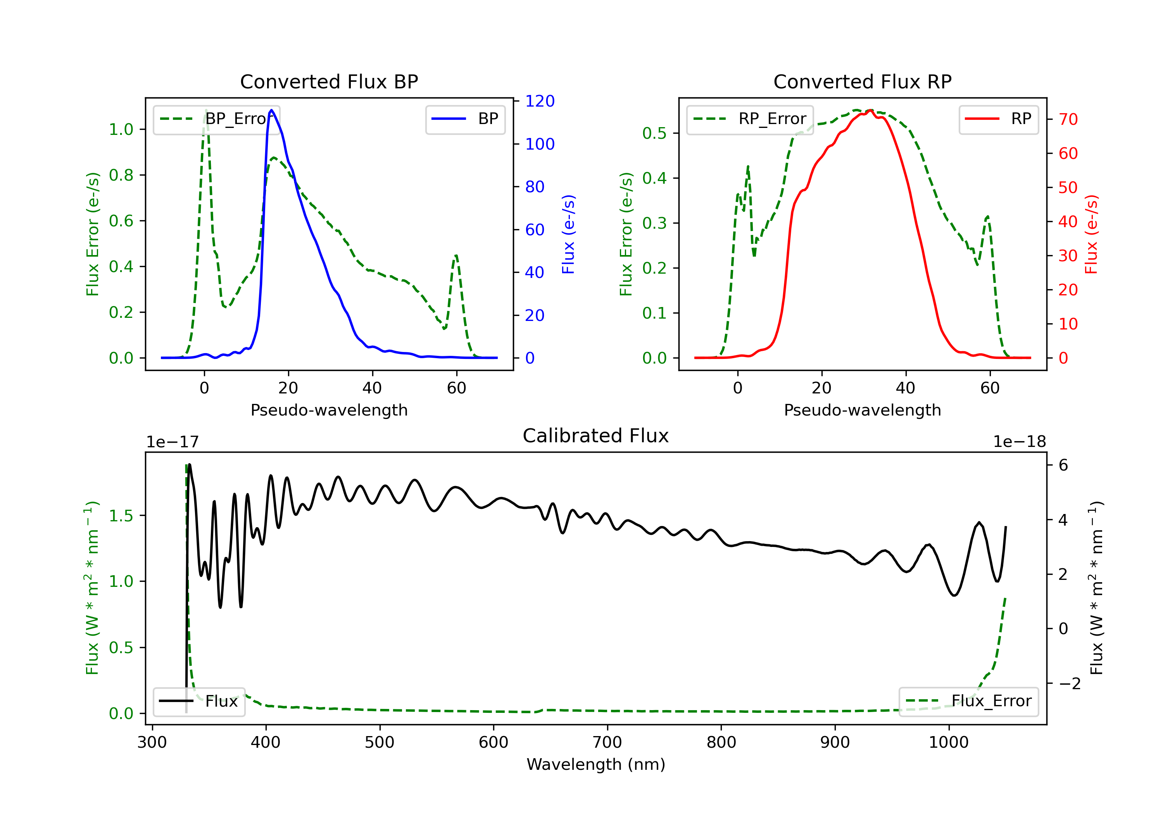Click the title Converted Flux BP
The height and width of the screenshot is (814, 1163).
click(x=329, y=81)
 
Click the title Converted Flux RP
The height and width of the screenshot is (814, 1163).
click(x=862, y=81)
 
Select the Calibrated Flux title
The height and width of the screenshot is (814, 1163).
click(x=596, y=436)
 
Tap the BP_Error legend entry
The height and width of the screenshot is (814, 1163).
click(x=216, y=119)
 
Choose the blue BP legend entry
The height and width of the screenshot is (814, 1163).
click(x=465, y=119)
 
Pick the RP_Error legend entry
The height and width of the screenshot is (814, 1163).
click(x=750, y=119)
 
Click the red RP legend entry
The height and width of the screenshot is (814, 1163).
click(x=998, y=119)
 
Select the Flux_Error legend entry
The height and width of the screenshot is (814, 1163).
click(x=968, y=701)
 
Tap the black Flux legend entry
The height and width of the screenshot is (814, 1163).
click(x=198, y=701)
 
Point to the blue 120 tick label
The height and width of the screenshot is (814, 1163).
click(x=540, y=101)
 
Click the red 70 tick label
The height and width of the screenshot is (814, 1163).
click(x=1068, y=119)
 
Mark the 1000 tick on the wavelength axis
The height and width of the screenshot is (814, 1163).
click(x=948, y=743)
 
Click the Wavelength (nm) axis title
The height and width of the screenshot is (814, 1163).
click(x=596, y=764)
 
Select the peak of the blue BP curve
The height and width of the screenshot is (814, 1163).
click(x=271, y=110)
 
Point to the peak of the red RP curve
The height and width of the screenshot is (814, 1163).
click(x=870, y=110)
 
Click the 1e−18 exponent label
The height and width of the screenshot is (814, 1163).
click(x=1019, y=442)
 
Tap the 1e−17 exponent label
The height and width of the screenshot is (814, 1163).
click(x=172, y=442)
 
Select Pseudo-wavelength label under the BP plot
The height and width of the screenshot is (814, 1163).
click(x=329, y=410)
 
